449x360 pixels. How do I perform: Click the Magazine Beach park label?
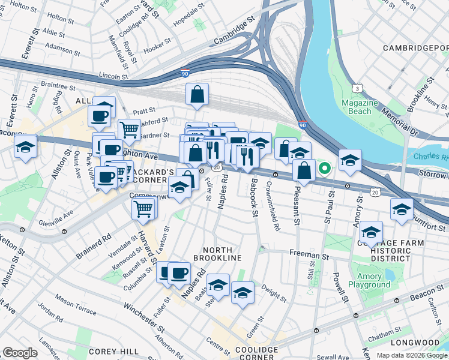360,107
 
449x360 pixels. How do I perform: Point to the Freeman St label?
310,255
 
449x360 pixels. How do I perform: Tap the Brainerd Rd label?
94,244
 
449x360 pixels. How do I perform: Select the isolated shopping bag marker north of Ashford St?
197,94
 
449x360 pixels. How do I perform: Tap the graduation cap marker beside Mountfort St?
402,209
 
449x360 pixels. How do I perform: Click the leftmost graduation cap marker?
25,146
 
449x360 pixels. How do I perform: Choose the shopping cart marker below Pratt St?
128,128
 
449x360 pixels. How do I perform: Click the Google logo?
19,352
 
